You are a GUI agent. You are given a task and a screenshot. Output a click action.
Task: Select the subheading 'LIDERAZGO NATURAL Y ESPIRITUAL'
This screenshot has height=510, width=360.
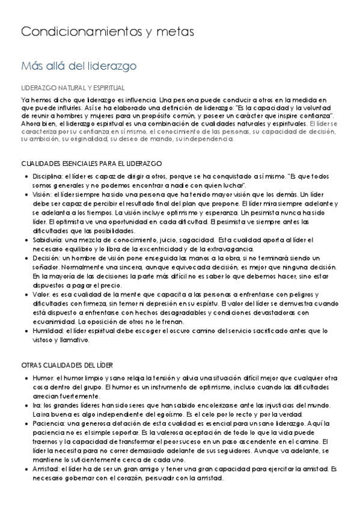tap(73, 87)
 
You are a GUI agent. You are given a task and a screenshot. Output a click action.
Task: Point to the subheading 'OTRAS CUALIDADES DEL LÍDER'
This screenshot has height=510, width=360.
tap(67, 365)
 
